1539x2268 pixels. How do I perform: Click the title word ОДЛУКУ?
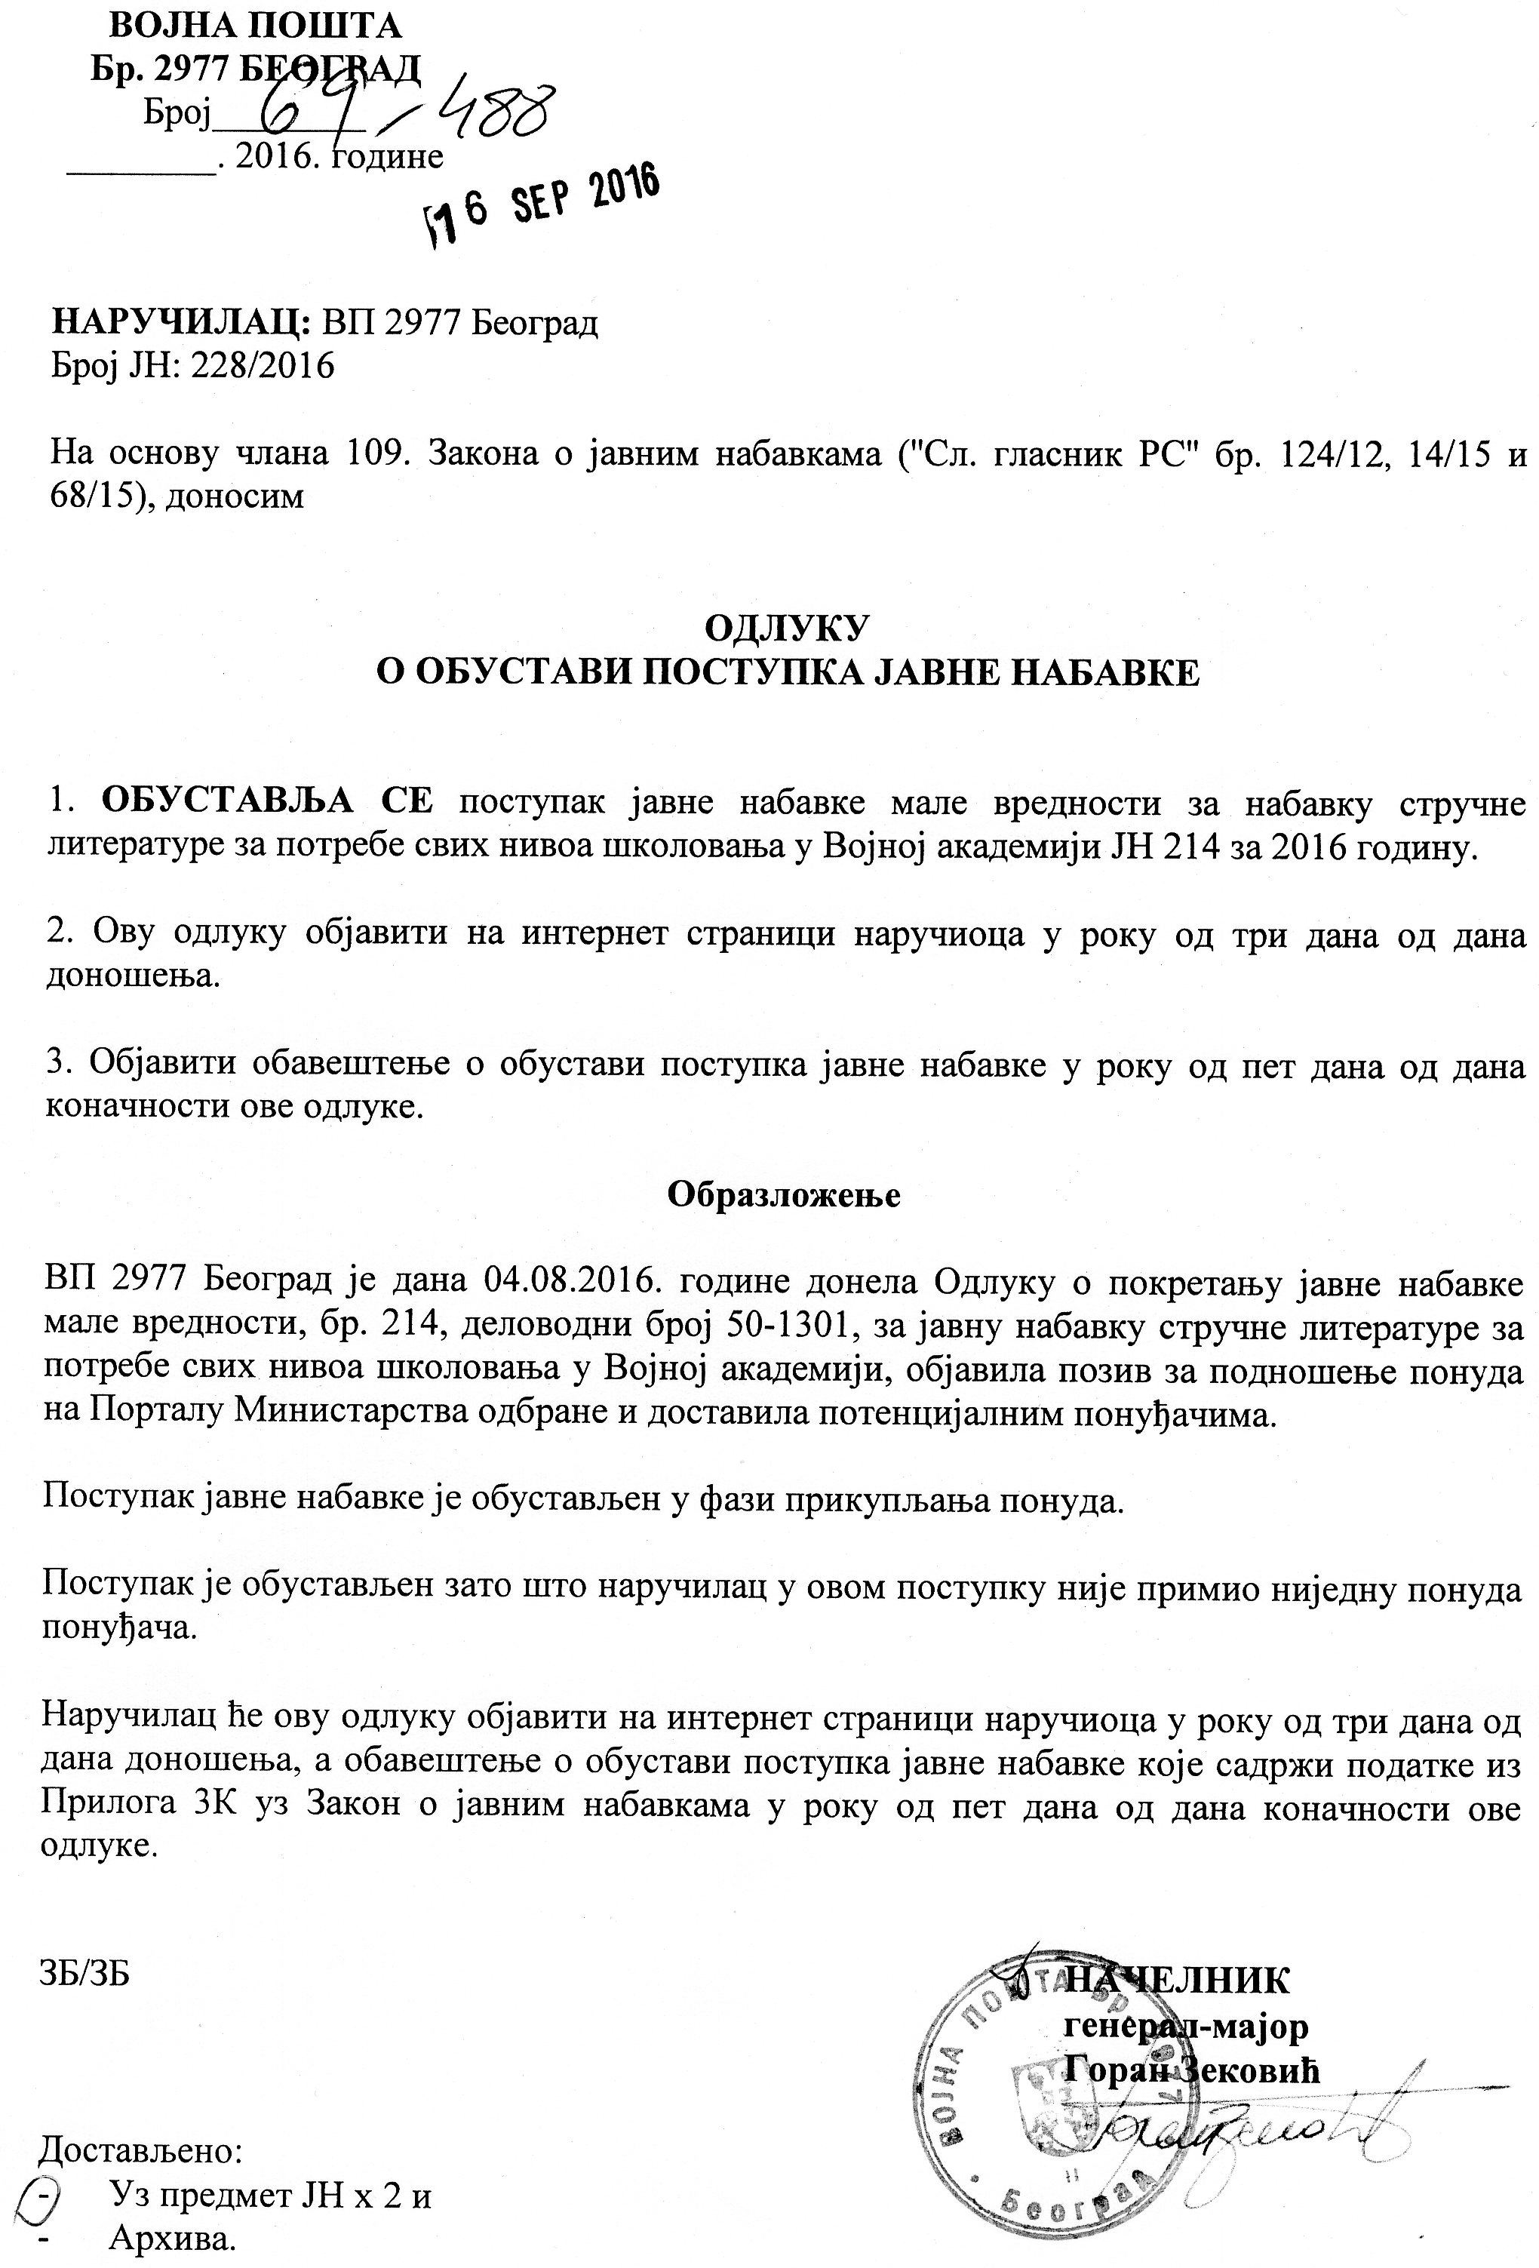coord(785,628)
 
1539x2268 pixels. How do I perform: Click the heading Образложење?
coord(784,1194)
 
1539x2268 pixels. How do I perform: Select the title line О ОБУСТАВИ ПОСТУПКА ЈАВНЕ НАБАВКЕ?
coord(788,673)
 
